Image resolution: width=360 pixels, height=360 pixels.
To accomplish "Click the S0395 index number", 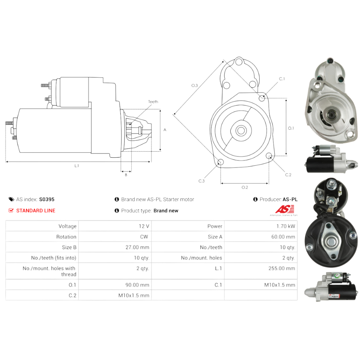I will [47, 199].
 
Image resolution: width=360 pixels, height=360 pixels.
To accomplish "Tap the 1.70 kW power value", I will [287, 226].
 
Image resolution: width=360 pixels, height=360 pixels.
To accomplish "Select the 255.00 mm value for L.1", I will [284, 268].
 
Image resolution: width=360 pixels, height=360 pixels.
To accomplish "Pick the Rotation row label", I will [66, 237].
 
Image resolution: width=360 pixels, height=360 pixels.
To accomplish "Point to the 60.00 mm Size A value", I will [283, 237].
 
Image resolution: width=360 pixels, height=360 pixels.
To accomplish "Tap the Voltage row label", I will [67, 226].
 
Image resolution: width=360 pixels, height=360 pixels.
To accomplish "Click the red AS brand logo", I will [285, 209].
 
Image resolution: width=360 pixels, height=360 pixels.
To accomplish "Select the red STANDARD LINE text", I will [36, 211].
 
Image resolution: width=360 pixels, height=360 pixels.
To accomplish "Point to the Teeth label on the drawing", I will [153, 102].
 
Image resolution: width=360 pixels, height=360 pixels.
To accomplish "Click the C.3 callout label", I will [201, 181].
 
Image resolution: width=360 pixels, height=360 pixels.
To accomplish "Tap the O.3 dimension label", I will [194, 85].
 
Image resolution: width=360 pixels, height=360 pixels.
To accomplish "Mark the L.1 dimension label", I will [77, 166].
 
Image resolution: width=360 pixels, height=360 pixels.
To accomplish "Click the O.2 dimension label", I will [244, 187].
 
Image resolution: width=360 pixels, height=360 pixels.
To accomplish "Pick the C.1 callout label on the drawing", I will [282, 79].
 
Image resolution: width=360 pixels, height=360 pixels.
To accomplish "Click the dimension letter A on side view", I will [165, 130].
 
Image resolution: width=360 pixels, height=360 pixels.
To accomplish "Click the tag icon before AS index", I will [11, 199].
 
